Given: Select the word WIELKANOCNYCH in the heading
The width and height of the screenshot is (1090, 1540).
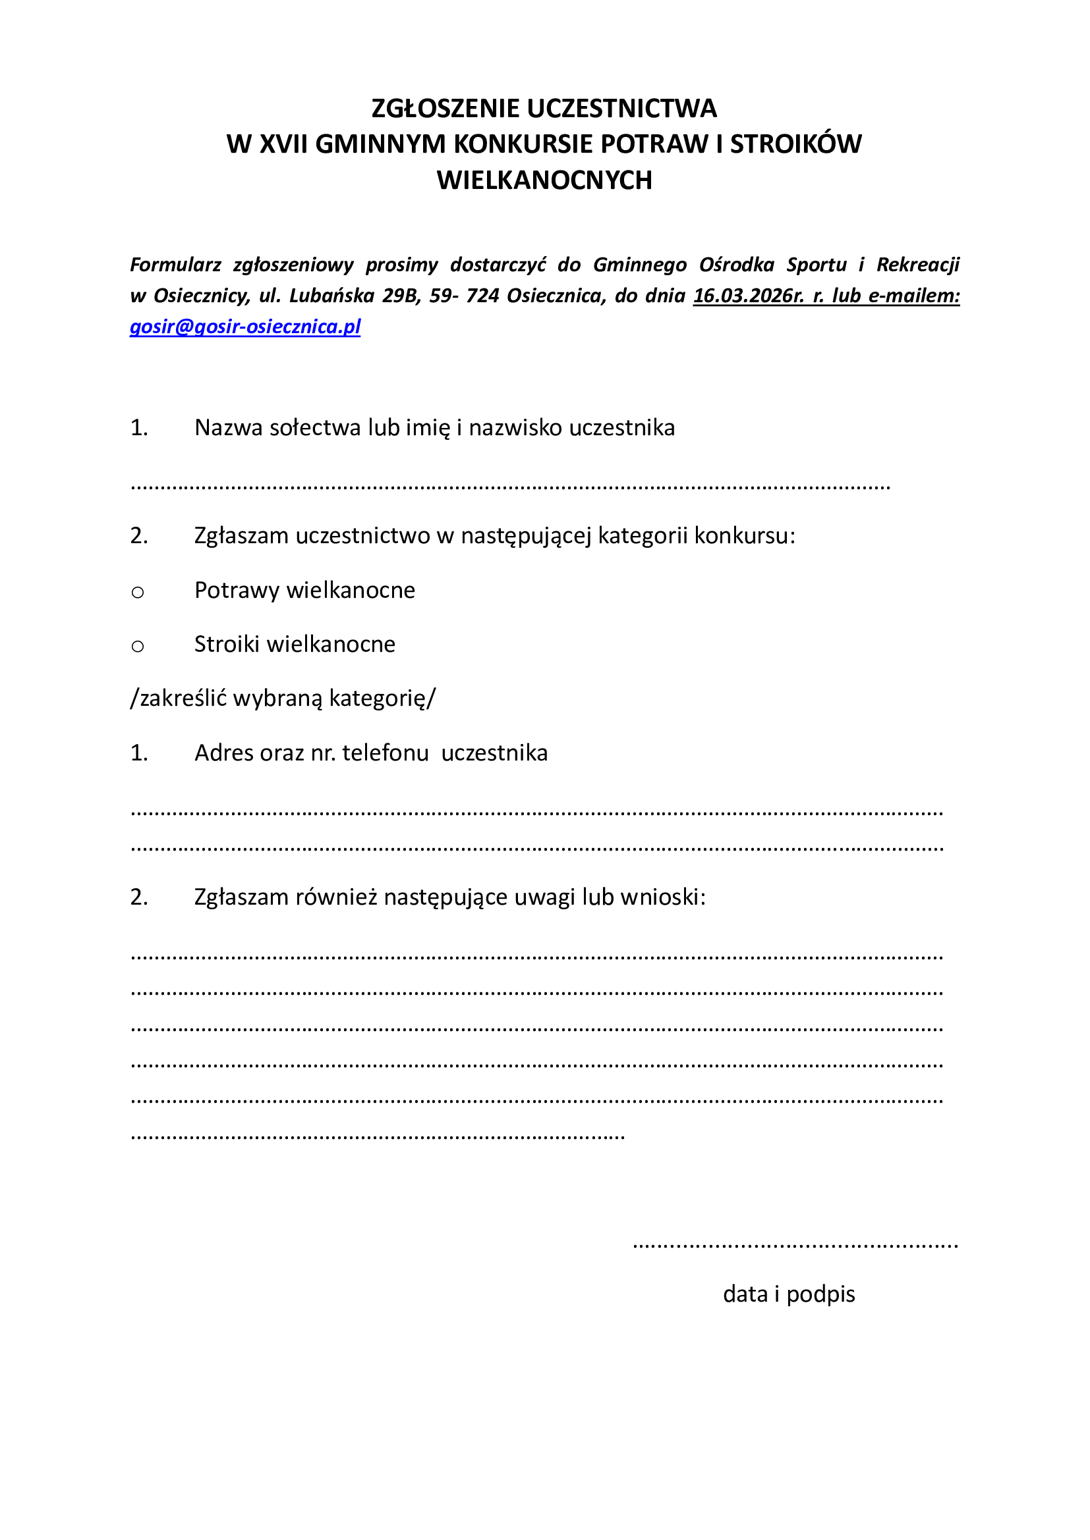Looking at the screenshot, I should pyautogui.click(x=544, y=180).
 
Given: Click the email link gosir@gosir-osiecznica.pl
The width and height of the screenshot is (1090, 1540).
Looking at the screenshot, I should pyautogui.click(x=245, y=327).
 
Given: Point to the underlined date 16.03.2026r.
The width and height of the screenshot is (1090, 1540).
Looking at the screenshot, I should pyautogui.click(x=749, y=296).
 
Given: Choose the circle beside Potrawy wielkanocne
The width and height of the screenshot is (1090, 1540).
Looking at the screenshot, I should pyautogui.click(x=138, y=593).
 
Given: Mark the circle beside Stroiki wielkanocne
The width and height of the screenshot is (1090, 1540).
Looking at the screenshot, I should pyautogui.click(x=138, y=647).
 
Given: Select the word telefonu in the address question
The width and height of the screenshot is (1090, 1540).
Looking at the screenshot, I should pyautogui.click(x=386, y=753).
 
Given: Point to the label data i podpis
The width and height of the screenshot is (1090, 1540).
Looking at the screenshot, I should pyautogui.click(x=789, y=1294).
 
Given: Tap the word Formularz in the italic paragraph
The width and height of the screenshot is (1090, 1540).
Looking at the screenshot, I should pyautogui.click(x=175, y=265).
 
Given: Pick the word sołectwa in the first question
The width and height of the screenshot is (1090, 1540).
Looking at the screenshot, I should pyautogui.click(x=315, y=428).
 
